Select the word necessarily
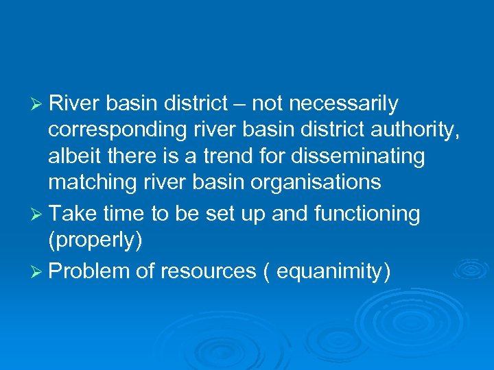click(343, 103)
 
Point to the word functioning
click(366, 214)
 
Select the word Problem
click(90, 271)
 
